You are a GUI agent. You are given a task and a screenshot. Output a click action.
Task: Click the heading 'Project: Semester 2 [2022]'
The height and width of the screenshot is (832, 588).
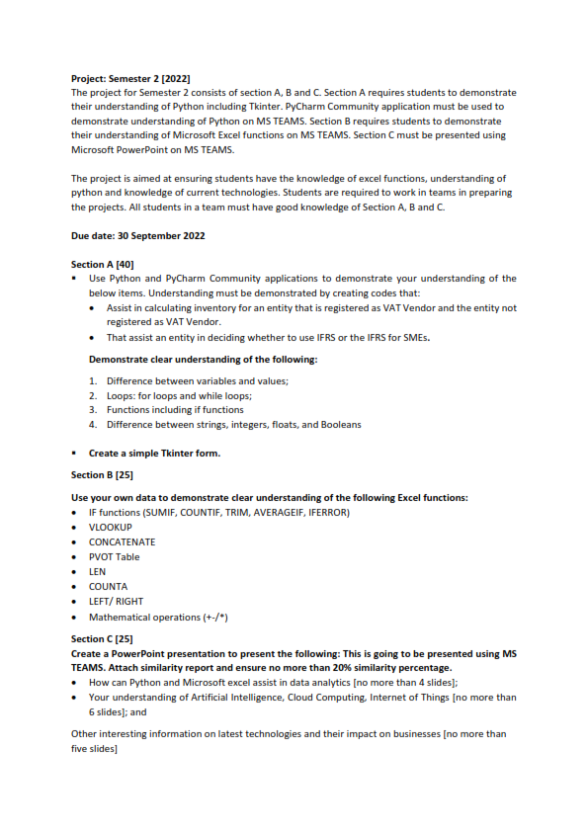[130, 78]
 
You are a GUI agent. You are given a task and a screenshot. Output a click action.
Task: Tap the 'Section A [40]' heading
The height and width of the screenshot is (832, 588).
[102, 265]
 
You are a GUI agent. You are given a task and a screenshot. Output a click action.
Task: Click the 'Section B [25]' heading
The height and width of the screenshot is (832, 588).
[102, 474]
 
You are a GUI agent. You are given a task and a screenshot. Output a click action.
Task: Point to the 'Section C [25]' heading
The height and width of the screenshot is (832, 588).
[102, 639]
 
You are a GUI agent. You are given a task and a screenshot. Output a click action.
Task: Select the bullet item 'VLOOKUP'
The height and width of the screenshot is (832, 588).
[110, 527]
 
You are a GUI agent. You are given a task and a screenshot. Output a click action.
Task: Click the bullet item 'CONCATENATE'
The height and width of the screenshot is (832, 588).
[122, 541]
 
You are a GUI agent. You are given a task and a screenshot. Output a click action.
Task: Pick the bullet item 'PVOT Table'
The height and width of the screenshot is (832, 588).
[114, 556]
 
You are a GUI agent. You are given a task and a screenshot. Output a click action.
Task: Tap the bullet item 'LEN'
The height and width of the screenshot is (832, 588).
[97, 571]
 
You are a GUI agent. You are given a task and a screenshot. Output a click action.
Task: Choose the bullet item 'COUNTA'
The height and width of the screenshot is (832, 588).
[108, 586]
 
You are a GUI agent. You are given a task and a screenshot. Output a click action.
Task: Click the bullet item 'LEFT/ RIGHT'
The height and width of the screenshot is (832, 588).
[116, 601]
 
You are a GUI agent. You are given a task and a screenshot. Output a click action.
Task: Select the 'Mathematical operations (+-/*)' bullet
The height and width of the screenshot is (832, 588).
[153, 617]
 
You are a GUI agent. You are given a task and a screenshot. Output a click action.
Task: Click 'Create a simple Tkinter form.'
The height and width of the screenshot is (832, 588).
[154, 454]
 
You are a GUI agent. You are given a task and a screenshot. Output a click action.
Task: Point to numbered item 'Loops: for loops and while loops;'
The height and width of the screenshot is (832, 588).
[178, 395]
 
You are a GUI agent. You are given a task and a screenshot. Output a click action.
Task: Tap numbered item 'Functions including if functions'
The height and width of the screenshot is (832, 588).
[175, 409]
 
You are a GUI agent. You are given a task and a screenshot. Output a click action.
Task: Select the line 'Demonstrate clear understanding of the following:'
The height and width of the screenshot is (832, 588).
[203, 359]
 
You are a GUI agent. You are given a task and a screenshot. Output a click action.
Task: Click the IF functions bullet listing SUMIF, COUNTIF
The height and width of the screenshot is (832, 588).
[218, 512]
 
